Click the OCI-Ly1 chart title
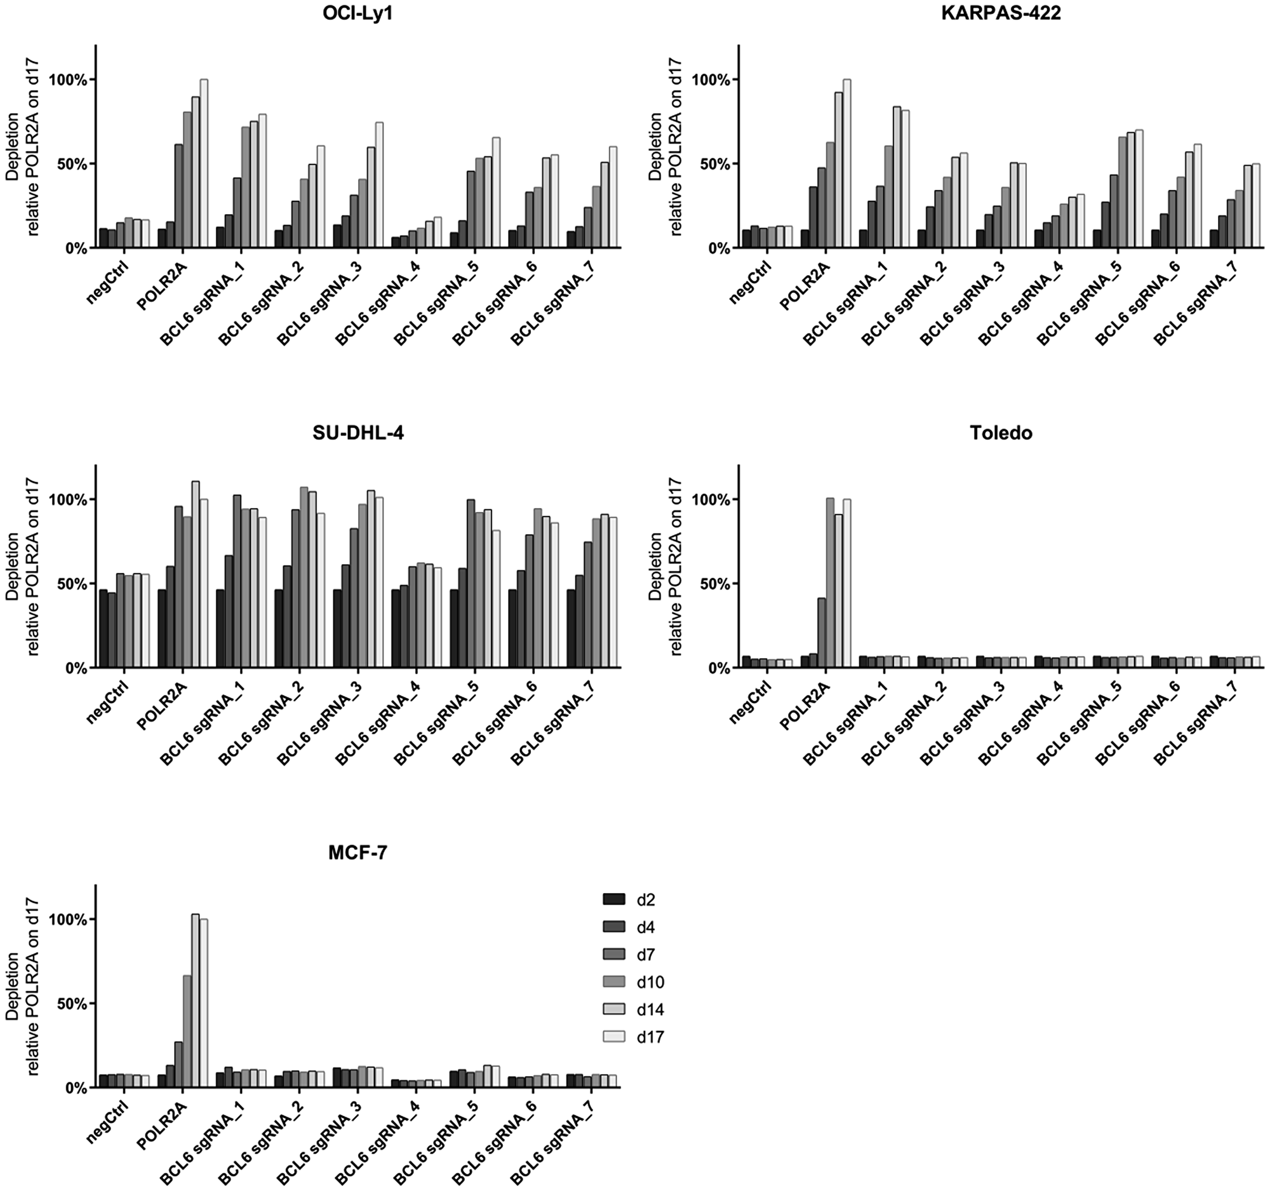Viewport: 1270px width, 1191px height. (358, 13)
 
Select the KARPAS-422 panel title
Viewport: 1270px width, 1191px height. (1001, 13)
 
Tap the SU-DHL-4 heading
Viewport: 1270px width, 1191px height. (358, 433)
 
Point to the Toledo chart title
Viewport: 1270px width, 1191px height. (1001, 433)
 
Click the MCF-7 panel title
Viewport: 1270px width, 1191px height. (358, 853)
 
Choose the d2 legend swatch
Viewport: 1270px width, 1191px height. (614, 899)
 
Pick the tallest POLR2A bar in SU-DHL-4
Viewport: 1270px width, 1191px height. (196, 575)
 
